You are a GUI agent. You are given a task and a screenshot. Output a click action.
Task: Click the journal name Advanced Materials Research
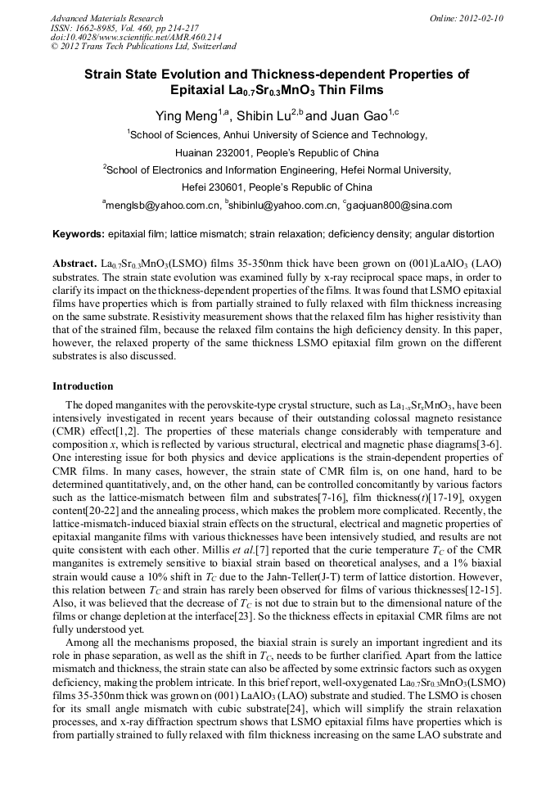tap(106, 18)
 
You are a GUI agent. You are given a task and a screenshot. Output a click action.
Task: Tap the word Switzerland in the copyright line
tap(208, 47)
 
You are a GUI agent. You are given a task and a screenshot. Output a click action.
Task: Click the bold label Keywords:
tap(79, 234)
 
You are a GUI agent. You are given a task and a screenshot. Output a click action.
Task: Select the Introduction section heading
tap(83, 386)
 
